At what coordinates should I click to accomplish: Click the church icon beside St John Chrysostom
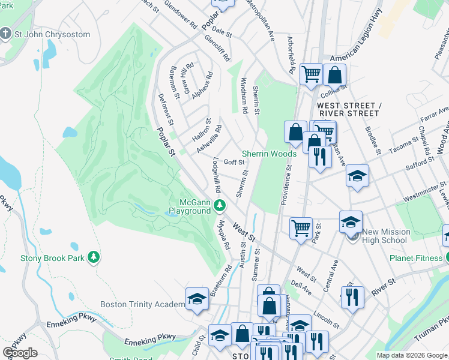click(x=7, y=34)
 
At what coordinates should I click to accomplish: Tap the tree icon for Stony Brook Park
click(x=93, y=258)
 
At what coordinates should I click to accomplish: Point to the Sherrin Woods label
click(x=269, y=154)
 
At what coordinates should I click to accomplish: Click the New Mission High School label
click(x=386, y=236)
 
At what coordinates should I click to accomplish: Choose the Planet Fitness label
click(x=415, y=259)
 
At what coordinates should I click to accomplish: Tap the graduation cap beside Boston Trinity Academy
click(x=197, y=298)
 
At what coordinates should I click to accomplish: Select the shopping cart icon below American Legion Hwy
click(x=311, y=74)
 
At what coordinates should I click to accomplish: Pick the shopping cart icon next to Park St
click(x=300, y=227)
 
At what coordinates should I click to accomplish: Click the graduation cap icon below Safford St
click(x=357, y=176)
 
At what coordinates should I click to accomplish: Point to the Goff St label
click(x=234, y=162)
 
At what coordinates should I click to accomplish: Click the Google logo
click(x=20, y=353)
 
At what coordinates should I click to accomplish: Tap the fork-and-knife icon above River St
click(x=352, y=296)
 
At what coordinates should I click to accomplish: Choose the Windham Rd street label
click(x=244, y=95)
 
